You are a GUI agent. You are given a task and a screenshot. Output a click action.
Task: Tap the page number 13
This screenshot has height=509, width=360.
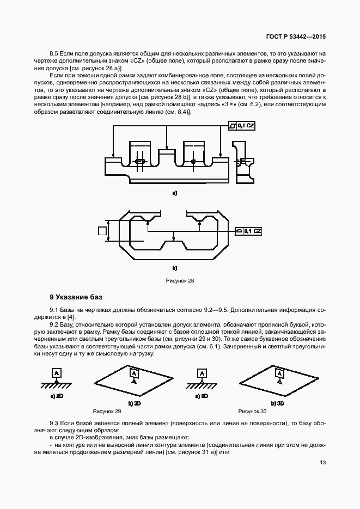323,463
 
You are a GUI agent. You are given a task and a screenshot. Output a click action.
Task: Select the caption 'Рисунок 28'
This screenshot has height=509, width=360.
180,281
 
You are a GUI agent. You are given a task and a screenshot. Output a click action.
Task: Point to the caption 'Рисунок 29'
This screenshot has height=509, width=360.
107,412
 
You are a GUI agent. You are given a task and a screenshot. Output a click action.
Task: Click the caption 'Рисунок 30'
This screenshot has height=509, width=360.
252,412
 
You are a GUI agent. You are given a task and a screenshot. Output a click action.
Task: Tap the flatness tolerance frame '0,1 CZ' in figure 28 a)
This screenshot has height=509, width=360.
241,126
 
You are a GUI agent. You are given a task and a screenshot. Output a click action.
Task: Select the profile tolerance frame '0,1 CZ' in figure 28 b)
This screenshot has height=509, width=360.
249,231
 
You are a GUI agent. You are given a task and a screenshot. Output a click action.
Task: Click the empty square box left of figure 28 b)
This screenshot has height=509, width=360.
102,231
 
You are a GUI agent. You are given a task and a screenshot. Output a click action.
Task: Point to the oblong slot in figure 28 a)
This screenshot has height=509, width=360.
140,161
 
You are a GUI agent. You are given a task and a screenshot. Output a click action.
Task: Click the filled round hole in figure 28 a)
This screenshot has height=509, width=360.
193,161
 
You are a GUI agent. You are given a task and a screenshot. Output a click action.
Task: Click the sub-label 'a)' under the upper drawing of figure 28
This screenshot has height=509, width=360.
175,193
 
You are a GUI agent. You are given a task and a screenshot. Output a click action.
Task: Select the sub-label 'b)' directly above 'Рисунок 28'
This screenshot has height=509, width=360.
175,268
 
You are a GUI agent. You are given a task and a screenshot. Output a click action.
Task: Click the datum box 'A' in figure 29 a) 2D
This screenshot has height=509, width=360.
56,373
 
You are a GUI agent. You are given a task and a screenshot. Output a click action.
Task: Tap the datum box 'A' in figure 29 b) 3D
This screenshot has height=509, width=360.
133,373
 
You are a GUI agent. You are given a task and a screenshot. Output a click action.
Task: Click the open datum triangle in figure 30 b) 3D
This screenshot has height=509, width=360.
279,383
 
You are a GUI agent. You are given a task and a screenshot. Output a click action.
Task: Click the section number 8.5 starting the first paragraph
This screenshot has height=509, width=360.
54,54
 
